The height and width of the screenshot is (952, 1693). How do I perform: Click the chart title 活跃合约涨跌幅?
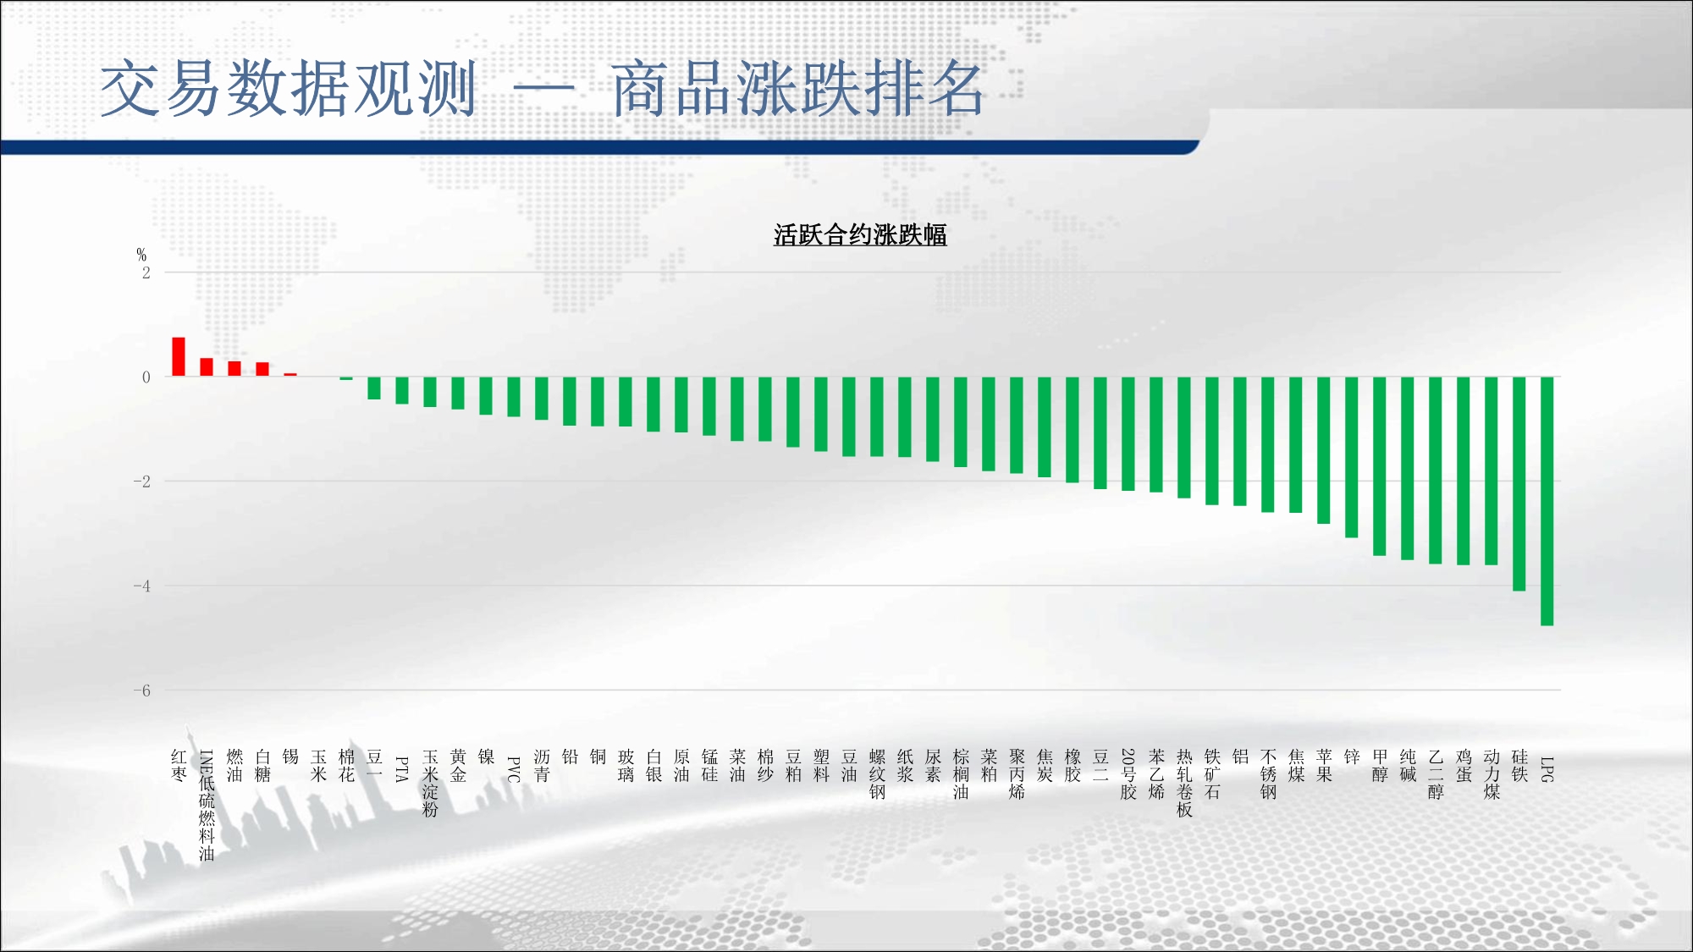pyautogui.click(x=860, y=234)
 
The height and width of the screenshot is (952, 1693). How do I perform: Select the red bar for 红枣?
pyautogui.click(x=179, y=356)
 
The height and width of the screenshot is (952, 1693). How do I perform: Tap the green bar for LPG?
pyautogui.click(x=1547, y=501)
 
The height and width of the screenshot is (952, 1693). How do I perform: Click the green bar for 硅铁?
pyautogui.click(x=1519, y=483)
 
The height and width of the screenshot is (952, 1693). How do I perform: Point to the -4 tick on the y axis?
pyautogui.click(x=141, y=586)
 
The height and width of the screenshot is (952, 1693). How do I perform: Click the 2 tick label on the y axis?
pyautogui.click(x=146, y=272)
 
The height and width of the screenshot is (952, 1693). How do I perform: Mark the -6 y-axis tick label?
pyautogui.click(x=141, y=691)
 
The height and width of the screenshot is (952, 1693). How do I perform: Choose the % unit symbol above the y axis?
pyautogui.click(x=141, y=255)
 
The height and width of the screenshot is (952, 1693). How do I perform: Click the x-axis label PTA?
pyautogui.click(x=402, y=769)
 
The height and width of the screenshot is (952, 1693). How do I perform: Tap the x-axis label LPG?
pyautogui.click(x=1547, y=769)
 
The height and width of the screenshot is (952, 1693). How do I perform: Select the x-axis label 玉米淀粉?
pyautogui.click(x=430, y=783)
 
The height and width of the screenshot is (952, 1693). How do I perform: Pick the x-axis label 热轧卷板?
pyautogui.click(x=1184, y=783)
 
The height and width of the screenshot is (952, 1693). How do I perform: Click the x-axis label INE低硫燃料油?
pyautogui.click(x=207, y=805)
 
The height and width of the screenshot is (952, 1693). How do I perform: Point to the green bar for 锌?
pyautogui.click(x=1351, y=457)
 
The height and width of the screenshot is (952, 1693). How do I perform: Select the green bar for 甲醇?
pyautogui.click(x=1379, y=466)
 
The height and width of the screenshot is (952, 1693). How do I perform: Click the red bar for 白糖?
pyautogui.click(x=262, y=369)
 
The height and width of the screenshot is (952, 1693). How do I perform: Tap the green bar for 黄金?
pyautogui.click(x=458, y=393)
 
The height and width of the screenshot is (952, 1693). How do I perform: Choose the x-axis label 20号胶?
pyautogui.click(x=1128, y=774)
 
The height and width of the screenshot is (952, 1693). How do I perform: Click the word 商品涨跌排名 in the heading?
pyautogui.click(x=798, y=89)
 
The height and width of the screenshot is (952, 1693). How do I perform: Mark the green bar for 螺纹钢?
pyautogui.click(x=877, y=416)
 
